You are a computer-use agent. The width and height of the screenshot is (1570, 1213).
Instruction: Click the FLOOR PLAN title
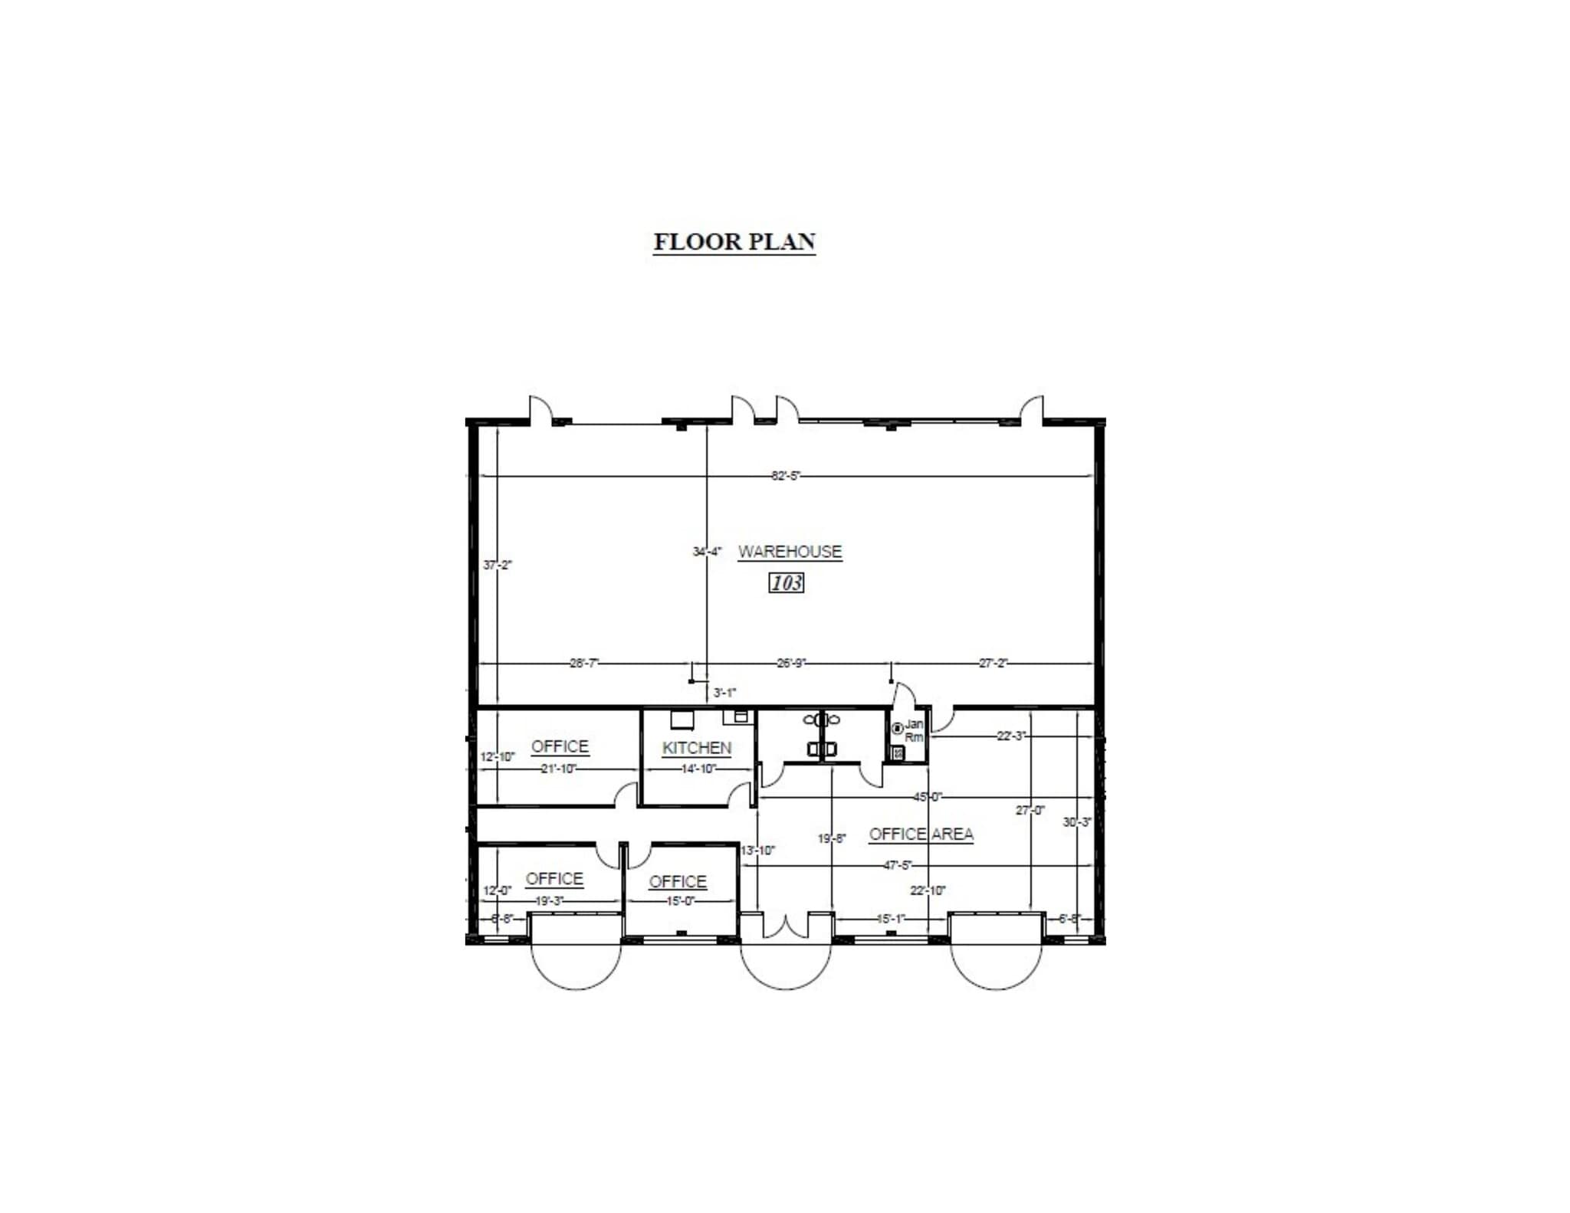[734, 242]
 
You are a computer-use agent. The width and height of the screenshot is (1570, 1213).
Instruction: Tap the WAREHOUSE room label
[790, 552]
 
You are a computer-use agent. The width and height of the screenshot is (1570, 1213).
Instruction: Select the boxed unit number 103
[786, 583]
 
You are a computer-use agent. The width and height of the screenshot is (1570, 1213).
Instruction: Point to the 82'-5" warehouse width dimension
[785, 476]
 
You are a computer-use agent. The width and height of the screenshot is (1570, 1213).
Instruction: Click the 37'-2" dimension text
[497, 565]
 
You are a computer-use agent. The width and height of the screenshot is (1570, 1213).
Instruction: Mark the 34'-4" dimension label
[706, 551]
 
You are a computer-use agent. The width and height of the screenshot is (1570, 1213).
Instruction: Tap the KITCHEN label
[696, 748]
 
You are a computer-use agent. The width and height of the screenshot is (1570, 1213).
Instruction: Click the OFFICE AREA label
[921, 834]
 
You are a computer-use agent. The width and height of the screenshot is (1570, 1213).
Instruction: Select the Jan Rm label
[914, 730]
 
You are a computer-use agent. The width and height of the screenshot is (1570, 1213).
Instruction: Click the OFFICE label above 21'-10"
[560, 746]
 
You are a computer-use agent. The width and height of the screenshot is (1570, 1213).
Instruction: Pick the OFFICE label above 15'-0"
[677, 882]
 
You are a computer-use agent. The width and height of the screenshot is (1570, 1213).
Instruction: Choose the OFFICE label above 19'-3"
[554, 879]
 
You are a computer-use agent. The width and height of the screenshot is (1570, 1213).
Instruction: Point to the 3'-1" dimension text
[724, 693]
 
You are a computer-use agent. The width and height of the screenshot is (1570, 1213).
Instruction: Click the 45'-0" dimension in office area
[927, 797]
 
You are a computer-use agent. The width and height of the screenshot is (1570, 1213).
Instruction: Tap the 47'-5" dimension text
[898, 865]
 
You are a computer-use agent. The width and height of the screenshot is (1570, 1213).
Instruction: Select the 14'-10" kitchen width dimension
[697, 769]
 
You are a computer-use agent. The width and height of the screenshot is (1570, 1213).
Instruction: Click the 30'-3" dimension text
[1076, 822]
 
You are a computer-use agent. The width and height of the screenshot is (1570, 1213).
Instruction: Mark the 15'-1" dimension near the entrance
[890, 918]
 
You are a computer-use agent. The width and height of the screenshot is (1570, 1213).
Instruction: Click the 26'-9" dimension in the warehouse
[791, 663]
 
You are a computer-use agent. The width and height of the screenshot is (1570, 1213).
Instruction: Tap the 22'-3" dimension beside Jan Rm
[1010, 736]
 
